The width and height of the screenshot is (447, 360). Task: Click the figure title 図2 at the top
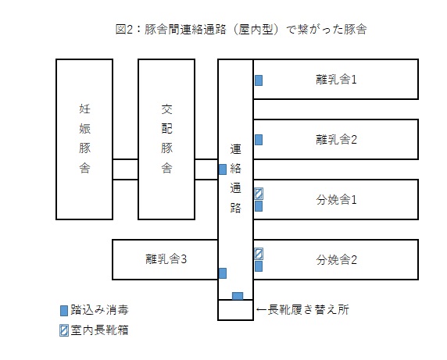124,30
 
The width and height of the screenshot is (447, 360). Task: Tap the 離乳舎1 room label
336,80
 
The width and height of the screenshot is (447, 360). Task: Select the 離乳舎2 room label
336,140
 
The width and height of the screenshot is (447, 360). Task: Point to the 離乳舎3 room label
166,259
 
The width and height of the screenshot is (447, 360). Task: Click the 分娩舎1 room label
336,200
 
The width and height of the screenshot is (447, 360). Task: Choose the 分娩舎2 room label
336,260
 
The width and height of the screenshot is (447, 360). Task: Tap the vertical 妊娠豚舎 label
84,139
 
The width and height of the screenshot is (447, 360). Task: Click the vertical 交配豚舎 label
166,139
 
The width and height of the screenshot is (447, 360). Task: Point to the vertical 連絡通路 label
235,179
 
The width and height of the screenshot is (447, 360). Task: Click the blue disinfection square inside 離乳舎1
259,80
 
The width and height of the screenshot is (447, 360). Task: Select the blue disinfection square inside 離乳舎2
259,140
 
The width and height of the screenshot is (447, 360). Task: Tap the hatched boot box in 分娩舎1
259,194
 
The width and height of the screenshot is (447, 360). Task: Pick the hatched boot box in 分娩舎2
259,254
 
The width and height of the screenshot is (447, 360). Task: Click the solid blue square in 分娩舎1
259,206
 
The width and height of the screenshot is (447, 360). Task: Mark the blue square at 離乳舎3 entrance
223,273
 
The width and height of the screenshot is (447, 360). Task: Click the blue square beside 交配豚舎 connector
223,169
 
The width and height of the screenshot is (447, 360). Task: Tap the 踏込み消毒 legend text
99,310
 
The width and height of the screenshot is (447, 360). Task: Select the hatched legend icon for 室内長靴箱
64,330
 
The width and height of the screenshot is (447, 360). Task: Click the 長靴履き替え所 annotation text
309,309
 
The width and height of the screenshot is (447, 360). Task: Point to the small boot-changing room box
235,320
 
